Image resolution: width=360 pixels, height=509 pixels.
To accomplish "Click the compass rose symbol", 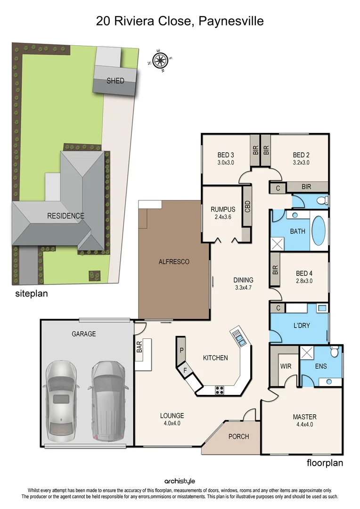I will tap(161, 60).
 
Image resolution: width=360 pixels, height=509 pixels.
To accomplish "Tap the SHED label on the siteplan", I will tap(115, 81).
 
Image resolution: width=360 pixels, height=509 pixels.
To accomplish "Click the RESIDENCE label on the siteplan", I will tap(65, 216).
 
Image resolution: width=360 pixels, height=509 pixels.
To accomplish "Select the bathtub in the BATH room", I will tap(319, 231).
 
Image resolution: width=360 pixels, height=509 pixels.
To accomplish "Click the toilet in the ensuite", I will tap(335, 352).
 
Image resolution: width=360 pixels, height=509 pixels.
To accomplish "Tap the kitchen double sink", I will tap(239, 337).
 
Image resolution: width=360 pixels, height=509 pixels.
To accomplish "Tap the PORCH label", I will tap(238, 436).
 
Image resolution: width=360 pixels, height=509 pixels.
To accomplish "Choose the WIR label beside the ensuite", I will tap(286, 366).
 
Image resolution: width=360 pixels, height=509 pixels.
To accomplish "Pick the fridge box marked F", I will tap(185, 371).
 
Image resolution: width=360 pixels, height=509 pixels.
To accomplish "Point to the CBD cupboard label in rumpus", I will tap(247, 207).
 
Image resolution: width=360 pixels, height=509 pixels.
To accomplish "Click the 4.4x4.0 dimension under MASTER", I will tap(304, 424).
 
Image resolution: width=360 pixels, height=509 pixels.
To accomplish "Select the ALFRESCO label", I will tap(173, 262).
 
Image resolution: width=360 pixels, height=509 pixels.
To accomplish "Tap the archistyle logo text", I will tap(180, 481).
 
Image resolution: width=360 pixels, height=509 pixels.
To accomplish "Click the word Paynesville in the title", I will tap(231, 21).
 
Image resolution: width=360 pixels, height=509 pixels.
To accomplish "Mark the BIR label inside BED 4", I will tap(275, 270).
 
